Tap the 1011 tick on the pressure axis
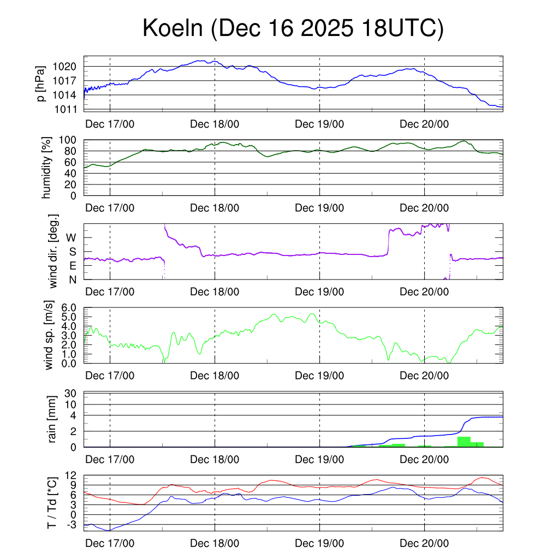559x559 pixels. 66,109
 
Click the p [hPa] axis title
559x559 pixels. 40,83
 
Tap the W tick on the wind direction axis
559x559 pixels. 71,237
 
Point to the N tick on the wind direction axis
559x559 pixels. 72,279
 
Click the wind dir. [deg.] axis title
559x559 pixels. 53,252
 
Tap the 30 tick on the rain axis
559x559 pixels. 73,393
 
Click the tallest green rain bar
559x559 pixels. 464,442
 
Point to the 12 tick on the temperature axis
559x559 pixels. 73,475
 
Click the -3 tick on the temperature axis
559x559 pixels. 73,525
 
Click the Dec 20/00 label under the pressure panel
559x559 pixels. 424,124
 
